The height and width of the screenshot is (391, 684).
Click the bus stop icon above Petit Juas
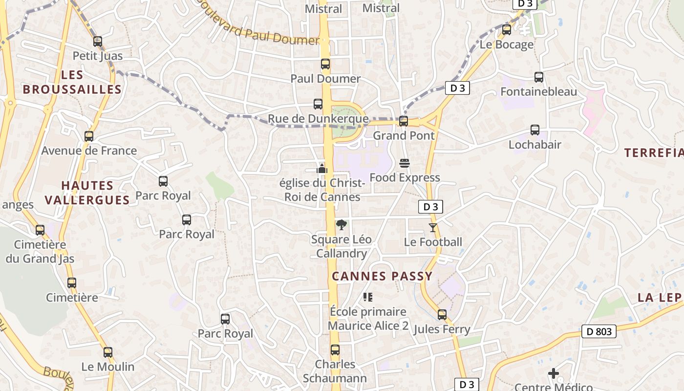pos(98,42)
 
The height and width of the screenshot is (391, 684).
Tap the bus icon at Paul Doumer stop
pos(325,64)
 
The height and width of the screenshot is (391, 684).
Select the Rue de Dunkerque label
pos(318,119)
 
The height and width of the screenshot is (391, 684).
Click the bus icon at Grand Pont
pos(404,121)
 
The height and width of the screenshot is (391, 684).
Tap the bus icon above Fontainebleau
pos(539,77)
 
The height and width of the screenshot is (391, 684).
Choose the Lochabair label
pos(534,145)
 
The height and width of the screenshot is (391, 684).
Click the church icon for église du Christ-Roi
pos(322,169)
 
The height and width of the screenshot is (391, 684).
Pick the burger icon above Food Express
pos(405,163)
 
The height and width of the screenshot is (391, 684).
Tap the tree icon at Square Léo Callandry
pos(342,225)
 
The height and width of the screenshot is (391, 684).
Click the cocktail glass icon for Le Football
pos(433,227)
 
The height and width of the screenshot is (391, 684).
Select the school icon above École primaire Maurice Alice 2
pos(368,297)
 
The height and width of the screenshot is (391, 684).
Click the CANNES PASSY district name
pos(382,276)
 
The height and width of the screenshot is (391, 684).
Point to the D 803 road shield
pos(598,332)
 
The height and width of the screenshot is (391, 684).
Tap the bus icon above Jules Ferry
pos(442,315)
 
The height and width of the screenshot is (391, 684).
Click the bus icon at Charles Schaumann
pos(335,350)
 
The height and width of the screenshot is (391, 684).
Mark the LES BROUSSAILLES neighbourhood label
pos(72,82)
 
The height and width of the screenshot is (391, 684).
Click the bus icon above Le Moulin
pos(107,352)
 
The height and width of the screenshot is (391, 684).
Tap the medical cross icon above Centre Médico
pos(554,374)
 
